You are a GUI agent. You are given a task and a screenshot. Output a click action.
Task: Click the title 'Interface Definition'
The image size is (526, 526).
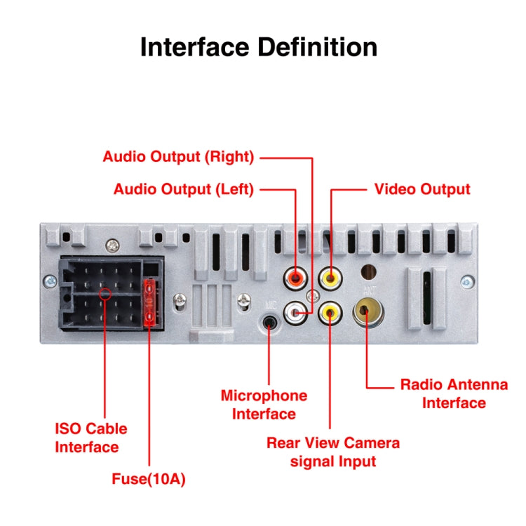(x=259, y=47)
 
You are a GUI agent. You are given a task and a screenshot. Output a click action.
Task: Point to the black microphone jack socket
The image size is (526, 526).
(x=270, y=323)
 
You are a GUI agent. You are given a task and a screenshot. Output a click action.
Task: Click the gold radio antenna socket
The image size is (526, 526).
(x=367, y=311)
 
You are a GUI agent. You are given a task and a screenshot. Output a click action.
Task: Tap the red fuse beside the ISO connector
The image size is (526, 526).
(x=149, y=303)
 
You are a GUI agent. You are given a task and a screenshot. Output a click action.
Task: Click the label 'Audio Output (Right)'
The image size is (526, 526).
(x=178, y=156)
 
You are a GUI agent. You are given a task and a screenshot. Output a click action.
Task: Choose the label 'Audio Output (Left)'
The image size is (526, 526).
(x=183, y=189)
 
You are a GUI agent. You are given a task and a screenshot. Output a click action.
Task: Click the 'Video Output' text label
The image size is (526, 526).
(x=422, y=189)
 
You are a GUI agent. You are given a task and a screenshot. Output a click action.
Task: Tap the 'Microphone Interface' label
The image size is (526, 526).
(x=264, y=405)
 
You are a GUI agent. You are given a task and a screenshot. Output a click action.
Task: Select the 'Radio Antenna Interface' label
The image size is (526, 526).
(x=454, y=393)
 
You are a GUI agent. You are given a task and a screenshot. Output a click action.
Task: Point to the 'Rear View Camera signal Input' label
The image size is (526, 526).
(x=333, y=452)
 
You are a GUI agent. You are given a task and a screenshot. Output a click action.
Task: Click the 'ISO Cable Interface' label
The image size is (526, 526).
(x=91, y=437)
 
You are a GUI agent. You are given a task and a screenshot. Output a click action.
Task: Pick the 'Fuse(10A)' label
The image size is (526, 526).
(x=149, y=480)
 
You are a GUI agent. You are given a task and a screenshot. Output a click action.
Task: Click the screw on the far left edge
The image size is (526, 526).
(x=49, y=282)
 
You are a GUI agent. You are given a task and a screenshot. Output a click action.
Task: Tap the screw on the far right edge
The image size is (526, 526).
(x=466, y=282)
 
